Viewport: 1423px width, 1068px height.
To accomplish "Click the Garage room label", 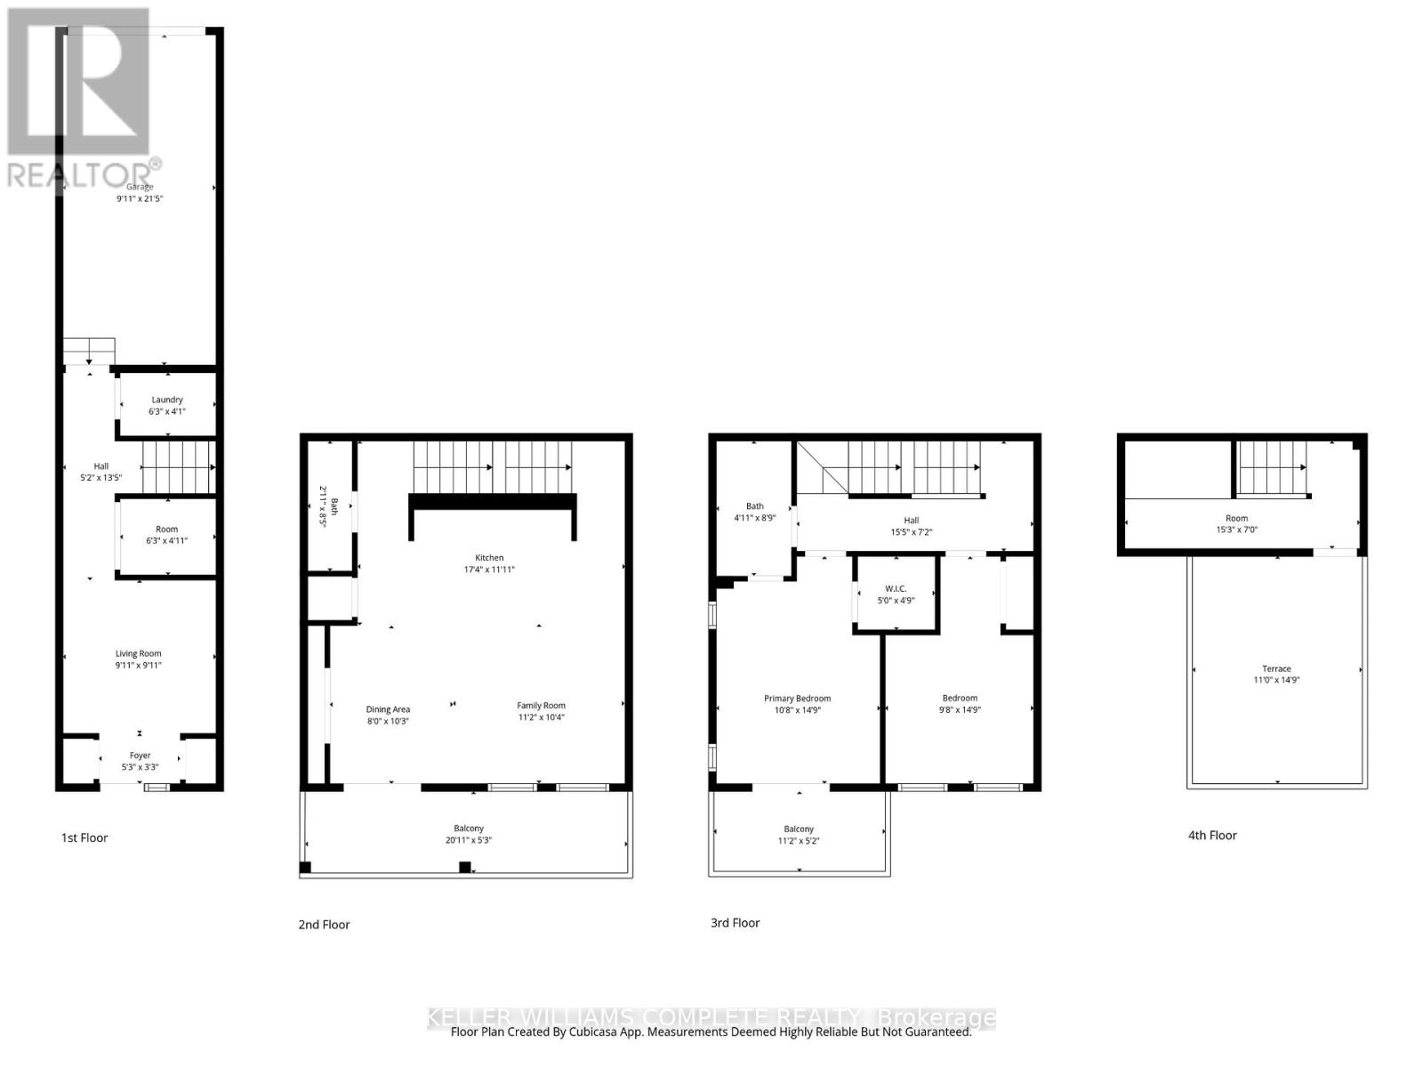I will click(140, 187).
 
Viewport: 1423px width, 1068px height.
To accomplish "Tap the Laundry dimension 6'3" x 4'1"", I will click(167, 412).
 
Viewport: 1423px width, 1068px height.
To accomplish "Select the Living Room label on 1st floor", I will click(138, 653).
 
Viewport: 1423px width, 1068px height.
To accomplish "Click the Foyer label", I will click(140, 755).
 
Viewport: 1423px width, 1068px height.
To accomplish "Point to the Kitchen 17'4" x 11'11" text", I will click(488, 569).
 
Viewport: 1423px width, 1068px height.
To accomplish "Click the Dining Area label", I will click(388, 709).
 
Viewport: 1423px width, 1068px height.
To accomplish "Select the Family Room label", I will click(541, 706).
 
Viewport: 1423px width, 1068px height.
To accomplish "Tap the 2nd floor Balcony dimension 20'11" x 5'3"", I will click(468, 840).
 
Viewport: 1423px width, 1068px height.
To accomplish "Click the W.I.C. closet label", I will click(896, 588).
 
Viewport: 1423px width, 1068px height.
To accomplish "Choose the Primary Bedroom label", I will click(797, 699).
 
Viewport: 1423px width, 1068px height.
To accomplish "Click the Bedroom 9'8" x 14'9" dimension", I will click(960, 710).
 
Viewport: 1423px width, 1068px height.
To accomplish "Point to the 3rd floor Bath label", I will click(754, 506).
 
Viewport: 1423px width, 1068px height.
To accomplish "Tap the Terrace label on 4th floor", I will click(1276, 668).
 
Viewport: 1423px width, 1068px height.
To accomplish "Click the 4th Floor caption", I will click(1211, 835).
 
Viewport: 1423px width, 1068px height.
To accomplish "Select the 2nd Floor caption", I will click(324, 925).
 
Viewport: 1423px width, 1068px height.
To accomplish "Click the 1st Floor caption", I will click(84, 837).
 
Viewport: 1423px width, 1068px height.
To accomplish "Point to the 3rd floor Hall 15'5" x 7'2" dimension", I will click(911, 532).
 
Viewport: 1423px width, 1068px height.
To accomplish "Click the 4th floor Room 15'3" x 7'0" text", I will click(1236, 530).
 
